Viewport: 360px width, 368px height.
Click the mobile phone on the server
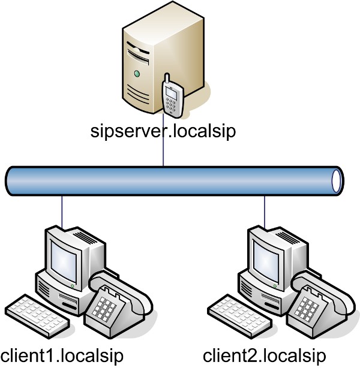pos(172,96)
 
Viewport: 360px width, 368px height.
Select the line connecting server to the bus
pos(163,153)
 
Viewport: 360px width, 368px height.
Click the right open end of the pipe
pos(337,179)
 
